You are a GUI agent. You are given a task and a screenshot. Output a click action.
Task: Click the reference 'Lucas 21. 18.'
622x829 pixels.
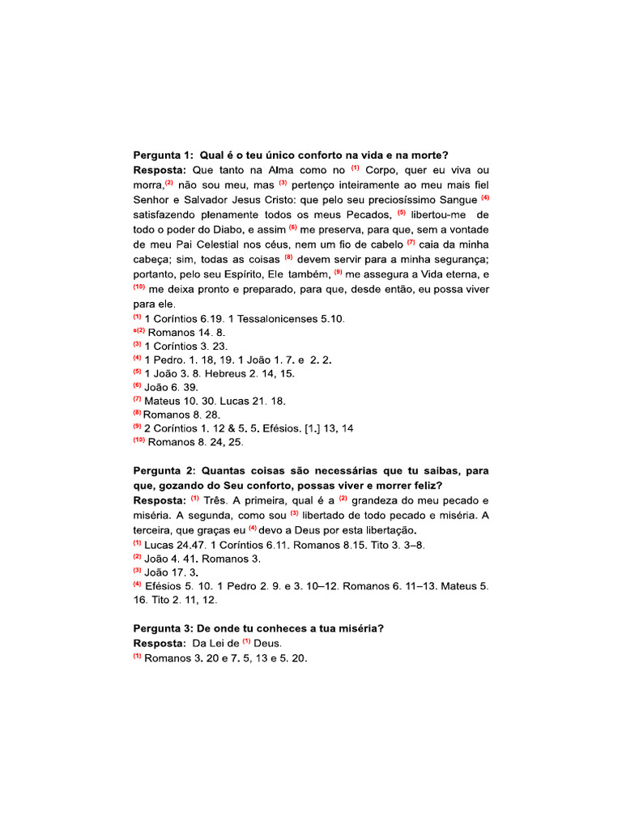point(248,401)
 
